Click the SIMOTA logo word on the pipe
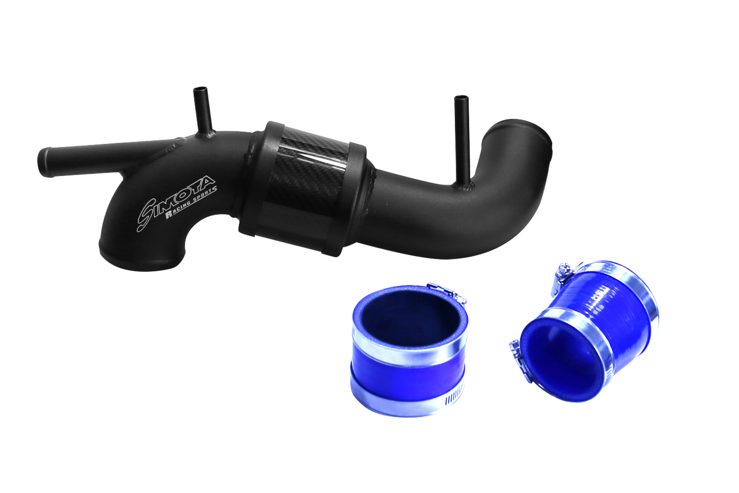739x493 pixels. [x=176, y=201]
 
